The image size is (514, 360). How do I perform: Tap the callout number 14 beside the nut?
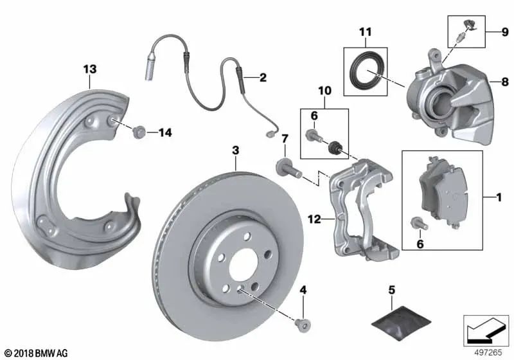click(x=165, y=133)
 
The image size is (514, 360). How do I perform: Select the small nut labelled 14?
click(x=137, y=134)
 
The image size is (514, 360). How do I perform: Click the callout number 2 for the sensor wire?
click(x=262, y=78)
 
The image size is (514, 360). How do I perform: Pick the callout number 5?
click(x=391, y=290)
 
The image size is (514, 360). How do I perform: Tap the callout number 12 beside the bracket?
click(x=314, y=220)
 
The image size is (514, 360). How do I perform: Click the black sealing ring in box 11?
click(x=366, y=71)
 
